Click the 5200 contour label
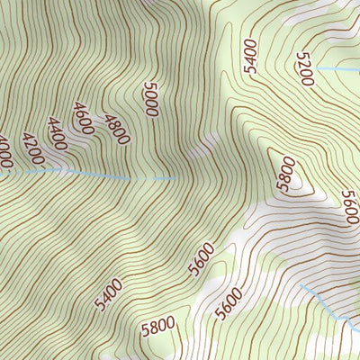pyautogui.click(x=305, y=69)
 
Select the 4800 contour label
pyautogui.click(x=117, y=129)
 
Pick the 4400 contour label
pyautogui.click(x=60, y=133)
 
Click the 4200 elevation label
pyautogui.click(x=32, y=150)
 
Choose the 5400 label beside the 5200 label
pyautogui.click(x=250, y=56)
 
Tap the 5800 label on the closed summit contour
pyautogui.click(x=286, y=175)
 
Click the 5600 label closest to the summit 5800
pyautogui.click(x=346, y=206)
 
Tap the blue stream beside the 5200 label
pyautogui.click(x=337, y=68)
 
